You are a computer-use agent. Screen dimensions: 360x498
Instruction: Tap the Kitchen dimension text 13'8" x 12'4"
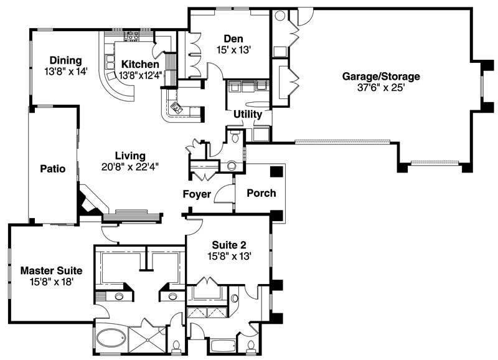point(141,75)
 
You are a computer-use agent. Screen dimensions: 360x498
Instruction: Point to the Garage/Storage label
point(381,77)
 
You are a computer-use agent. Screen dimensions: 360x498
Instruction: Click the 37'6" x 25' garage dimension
point(381,88)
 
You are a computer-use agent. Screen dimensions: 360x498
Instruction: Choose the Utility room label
point(248,115)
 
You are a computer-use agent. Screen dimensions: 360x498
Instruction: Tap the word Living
point(130,156)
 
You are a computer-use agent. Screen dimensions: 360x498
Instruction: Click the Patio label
point(53,168)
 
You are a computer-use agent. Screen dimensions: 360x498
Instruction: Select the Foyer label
point(197,194)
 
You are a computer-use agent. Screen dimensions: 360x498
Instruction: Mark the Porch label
point(261,193)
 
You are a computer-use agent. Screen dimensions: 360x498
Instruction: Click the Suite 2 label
point(229,244)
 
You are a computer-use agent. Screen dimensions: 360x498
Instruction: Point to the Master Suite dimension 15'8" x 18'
point(51,282)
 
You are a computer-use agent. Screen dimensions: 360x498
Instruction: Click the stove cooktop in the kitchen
point(132,36)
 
